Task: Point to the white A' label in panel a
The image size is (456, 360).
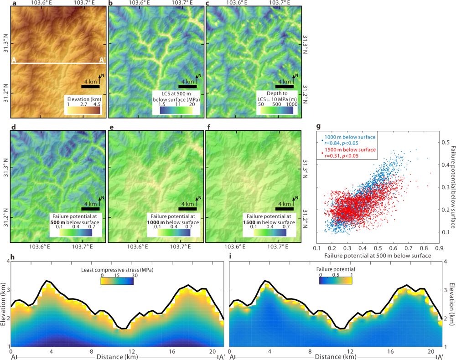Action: click(102, 60)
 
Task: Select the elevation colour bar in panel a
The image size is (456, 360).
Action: click(84, 109)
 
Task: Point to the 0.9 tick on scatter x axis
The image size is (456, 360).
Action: click(439, 249)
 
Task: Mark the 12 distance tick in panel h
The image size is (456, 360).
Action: click(131, 351)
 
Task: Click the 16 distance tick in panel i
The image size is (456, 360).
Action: click(391, 351)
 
